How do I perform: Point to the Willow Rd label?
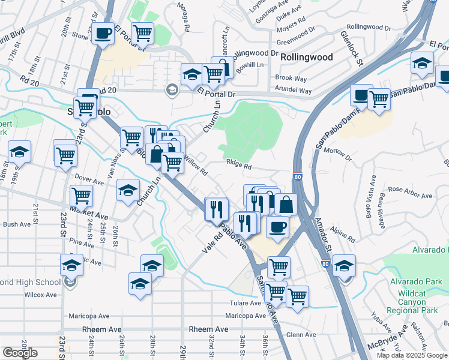click(x=196, y=166)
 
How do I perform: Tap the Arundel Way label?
click(x=293, y=91)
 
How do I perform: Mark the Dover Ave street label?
click(x=89, y=178)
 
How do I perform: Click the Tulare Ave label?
click(x=242, y=303)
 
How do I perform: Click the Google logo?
click(x=20, y=353)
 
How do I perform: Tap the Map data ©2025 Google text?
click(x=412, y=355)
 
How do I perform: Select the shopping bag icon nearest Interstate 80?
click(x=286, y=204)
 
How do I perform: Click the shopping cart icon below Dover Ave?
click(x=81, y=195)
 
